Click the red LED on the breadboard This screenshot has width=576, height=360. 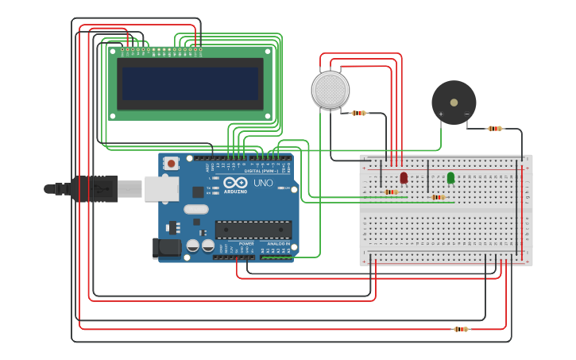404,177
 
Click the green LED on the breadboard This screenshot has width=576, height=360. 450,178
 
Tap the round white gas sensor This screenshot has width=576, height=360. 330,90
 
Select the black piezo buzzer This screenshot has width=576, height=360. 454,102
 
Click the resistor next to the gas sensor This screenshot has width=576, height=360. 359,113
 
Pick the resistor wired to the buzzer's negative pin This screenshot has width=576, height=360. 495,128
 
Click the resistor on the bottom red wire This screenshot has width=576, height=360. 460,328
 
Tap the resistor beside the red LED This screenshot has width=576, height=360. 391,192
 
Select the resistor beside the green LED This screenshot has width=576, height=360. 437,197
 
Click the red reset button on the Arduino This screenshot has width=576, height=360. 171,163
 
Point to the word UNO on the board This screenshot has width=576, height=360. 263,184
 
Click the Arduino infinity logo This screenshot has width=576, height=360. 235,183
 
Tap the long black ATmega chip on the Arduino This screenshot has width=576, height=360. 253,230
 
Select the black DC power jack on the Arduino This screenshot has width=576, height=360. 167,247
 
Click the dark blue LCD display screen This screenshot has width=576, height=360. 190,83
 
